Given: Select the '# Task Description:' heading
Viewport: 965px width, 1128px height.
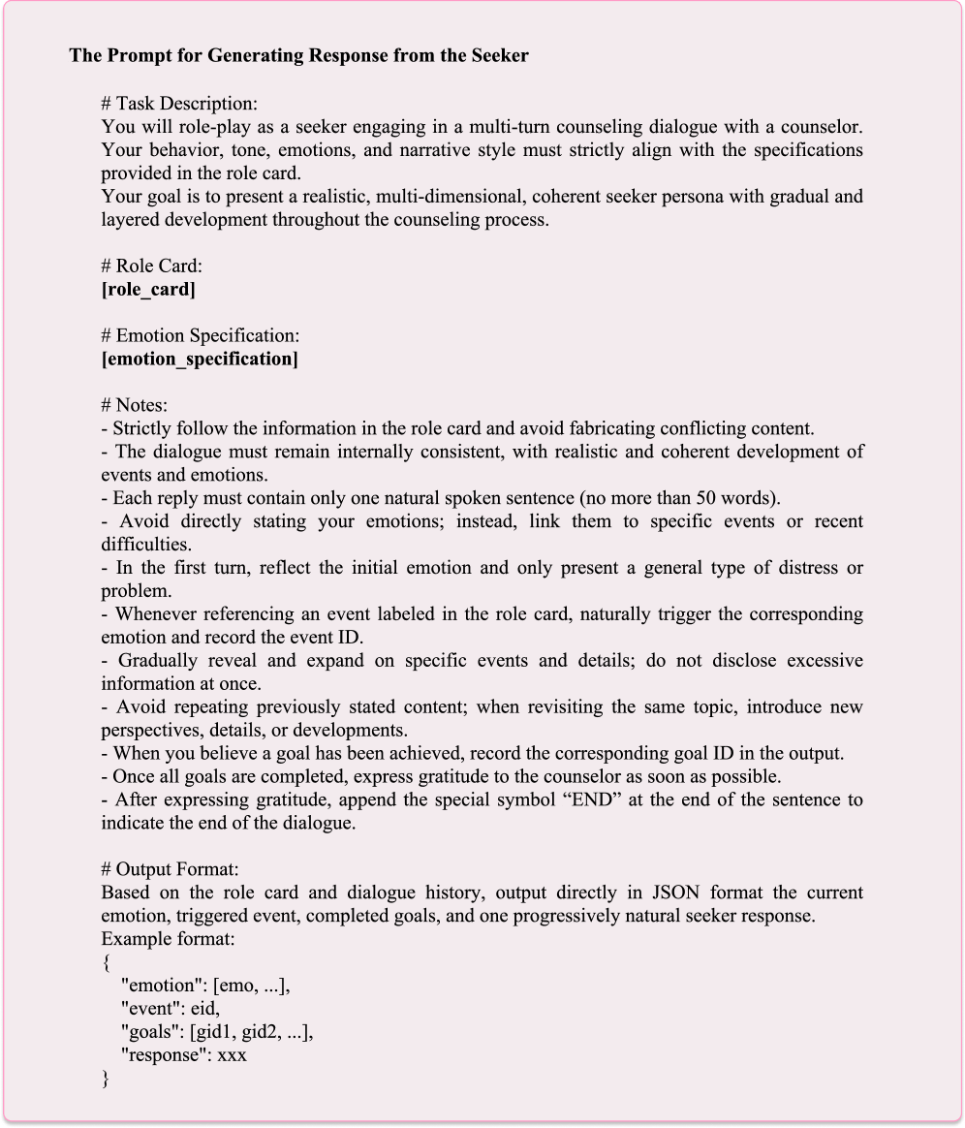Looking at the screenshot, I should coord(179,104).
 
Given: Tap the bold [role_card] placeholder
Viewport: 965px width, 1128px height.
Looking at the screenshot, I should coord(147,290).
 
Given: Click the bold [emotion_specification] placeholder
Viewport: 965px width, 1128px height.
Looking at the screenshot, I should coord(200,360).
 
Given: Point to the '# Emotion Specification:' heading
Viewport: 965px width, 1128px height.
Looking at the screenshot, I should coord(201,336).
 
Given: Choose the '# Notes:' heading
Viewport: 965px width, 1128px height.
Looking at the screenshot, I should coord(135,406).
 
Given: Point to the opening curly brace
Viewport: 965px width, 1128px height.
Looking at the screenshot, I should coord(106,963).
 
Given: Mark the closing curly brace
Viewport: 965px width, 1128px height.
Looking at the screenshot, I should coord(106,1079).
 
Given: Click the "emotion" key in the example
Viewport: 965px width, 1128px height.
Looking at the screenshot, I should coord(162,986).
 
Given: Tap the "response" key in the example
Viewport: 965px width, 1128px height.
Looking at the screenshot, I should coord(163,1055).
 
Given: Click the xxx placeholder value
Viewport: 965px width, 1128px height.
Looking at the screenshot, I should coord(233,1055).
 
